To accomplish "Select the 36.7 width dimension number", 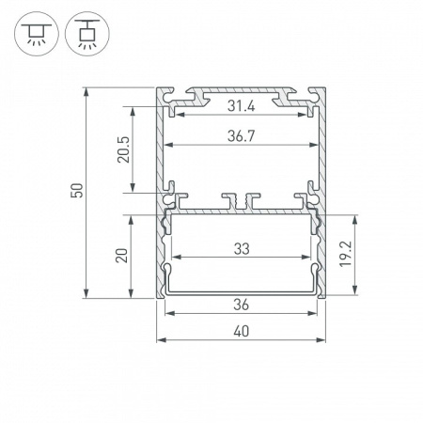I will [x=241, y=136].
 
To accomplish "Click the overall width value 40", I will [x=241, y=331].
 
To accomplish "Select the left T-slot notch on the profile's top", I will [x=198, y=95].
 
